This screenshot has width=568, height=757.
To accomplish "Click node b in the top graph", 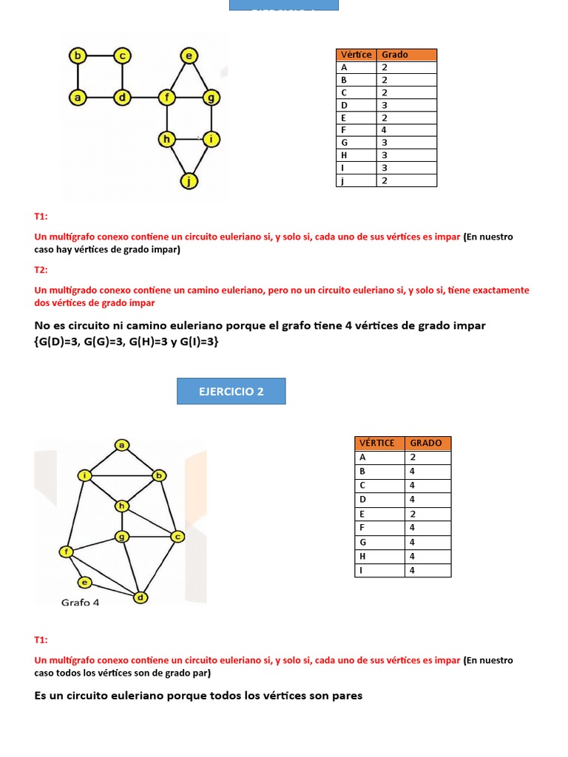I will [77, 55].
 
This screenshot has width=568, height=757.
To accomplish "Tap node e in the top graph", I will [189, 55].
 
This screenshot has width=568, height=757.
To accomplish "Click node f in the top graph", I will [167, 97].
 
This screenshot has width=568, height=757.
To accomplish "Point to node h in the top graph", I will [167, 138].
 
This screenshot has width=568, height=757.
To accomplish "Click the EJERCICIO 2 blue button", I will [231, 391].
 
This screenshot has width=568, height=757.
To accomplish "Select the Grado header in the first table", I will [406, 55].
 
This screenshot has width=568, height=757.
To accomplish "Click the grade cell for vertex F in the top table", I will [406, 130].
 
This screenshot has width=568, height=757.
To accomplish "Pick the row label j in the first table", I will [356, 180].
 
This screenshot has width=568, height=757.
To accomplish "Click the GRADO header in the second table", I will [427, 443].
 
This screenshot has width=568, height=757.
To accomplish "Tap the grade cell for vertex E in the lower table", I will [427, 514].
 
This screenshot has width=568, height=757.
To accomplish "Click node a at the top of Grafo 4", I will [121, 444].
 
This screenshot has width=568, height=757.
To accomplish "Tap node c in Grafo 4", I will [177, 536].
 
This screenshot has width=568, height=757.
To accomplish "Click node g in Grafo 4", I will [121, 536].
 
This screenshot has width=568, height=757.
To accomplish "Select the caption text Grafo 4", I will [80, 602].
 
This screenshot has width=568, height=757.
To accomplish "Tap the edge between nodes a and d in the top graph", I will [100, 97].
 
